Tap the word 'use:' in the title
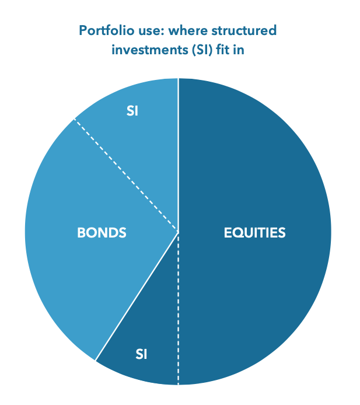pos(149,29)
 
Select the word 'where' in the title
pos(181,29)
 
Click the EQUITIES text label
pos(254,233)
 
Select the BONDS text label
pos(102,233)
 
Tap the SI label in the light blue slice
pos(132,111)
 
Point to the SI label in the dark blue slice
pos(142,354)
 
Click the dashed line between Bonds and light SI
pos(125,174)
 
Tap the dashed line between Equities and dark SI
pos(178,309)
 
